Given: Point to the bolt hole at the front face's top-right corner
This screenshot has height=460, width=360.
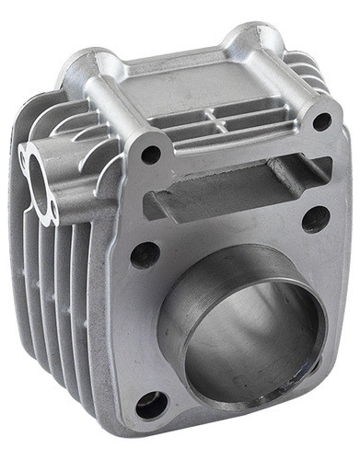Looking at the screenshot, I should [321, 121].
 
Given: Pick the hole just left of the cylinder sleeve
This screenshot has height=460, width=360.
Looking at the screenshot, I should [145, 255].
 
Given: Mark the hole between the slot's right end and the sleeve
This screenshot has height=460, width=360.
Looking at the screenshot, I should [316, 219].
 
